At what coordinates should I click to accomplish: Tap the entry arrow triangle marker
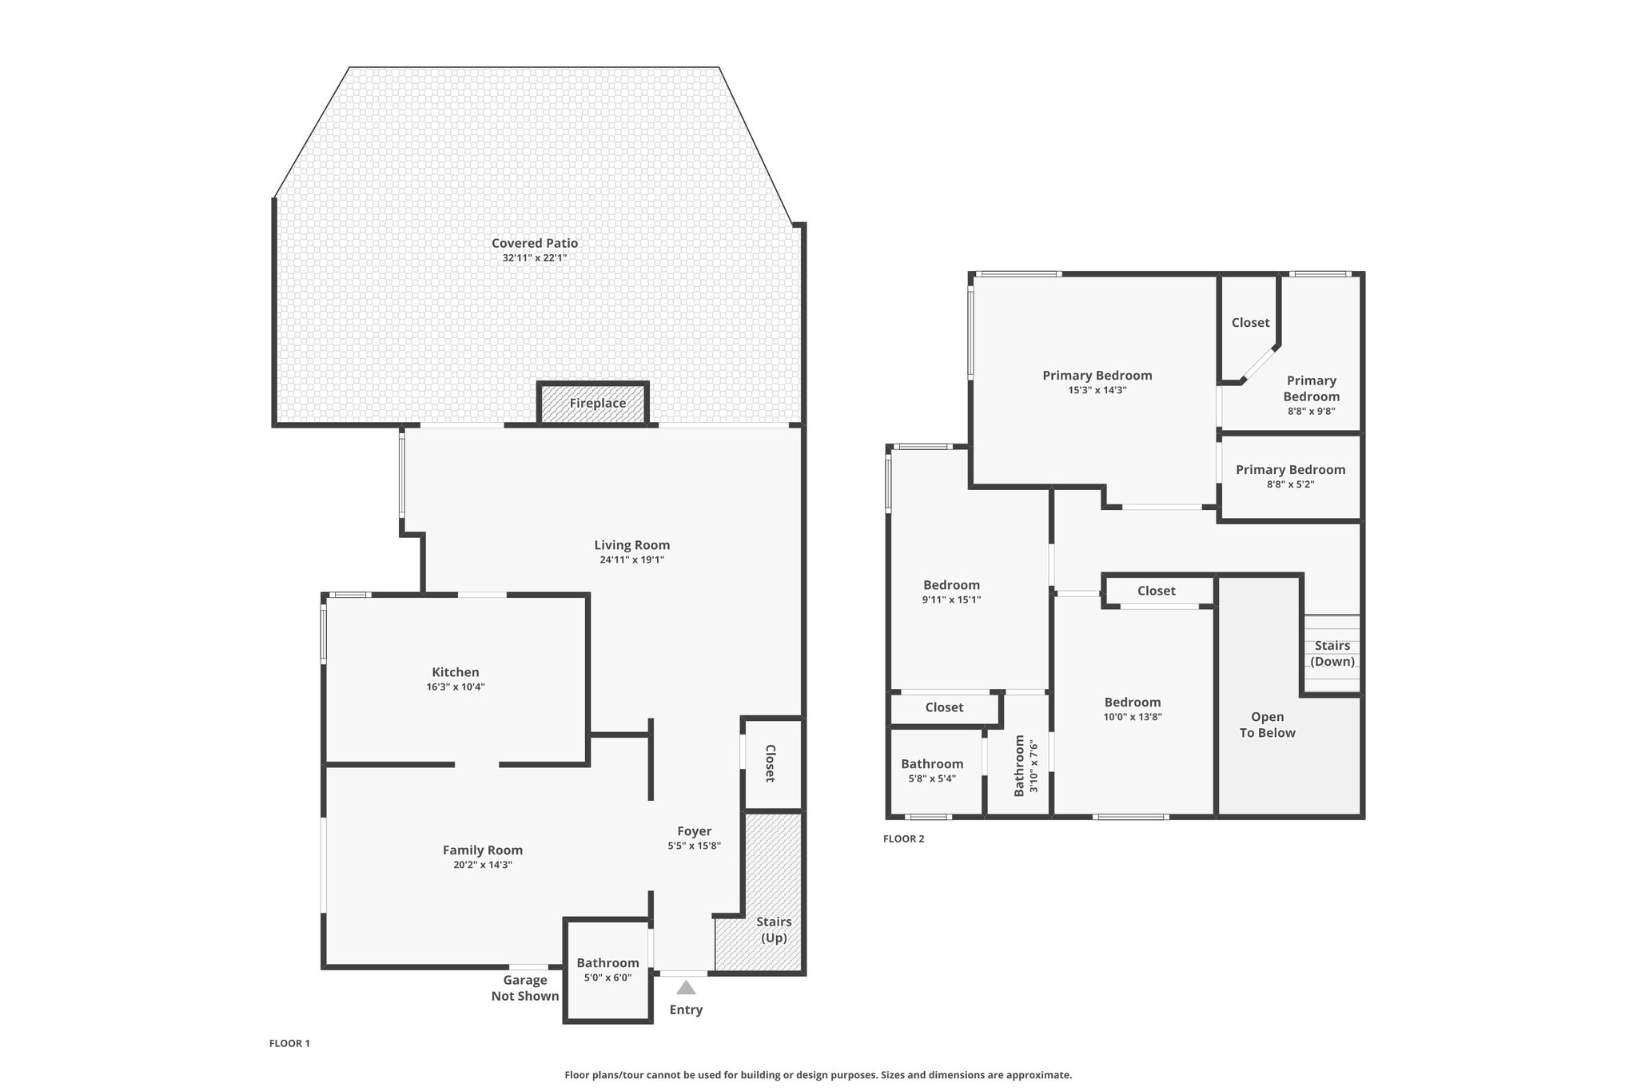(686, 987)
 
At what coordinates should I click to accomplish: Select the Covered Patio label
(535, 243)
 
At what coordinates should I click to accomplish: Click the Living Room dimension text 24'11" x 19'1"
(632, 559)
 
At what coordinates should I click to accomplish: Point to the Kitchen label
(456, 672)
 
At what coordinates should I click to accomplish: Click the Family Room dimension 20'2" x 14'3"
(483, 865)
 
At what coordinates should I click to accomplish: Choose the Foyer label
(695, 831)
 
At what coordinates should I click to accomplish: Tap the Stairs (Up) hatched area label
(774, 930)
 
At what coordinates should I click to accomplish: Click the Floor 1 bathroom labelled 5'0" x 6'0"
(608, 970)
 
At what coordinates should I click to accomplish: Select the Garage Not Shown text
(525, 988)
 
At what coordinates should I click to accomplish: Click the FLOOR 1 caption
(289, 1043)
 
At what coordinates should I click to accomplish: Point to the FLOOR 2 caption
(904, 838)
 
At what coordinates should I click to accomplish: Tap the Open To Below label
(1268, 725)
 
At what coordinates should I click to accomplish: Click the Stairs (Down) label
(1332, 653)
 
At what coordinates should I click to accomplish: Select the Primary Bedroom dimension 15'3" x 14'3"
(1097, 390)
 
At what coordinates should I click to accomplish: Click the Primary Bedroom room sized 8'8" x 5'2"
(1290, 477)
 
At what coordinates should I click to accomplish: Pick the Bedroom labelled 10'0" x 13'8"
(1133, 710)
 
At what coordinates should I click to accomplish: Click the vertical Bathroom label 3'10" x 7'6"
(1026, 766)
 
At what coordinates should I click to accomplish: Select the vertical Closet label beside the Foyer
(771, 763)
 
